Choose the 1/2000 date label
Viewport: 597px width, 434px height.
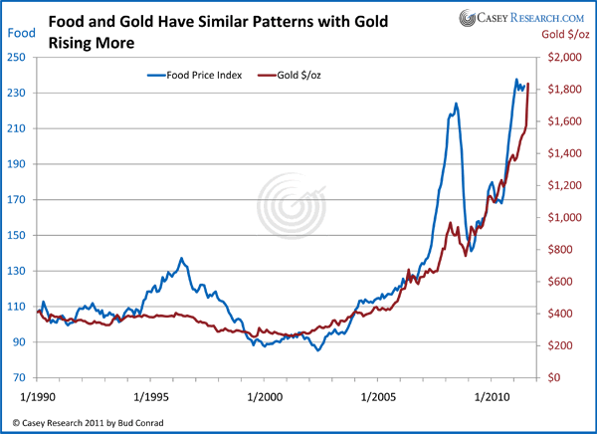(x=264, y=396)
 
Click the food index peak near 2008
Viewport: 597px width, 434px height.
(x=456, y=104)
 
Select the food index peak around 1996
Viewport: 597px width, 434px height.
(x=181, y=259)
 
